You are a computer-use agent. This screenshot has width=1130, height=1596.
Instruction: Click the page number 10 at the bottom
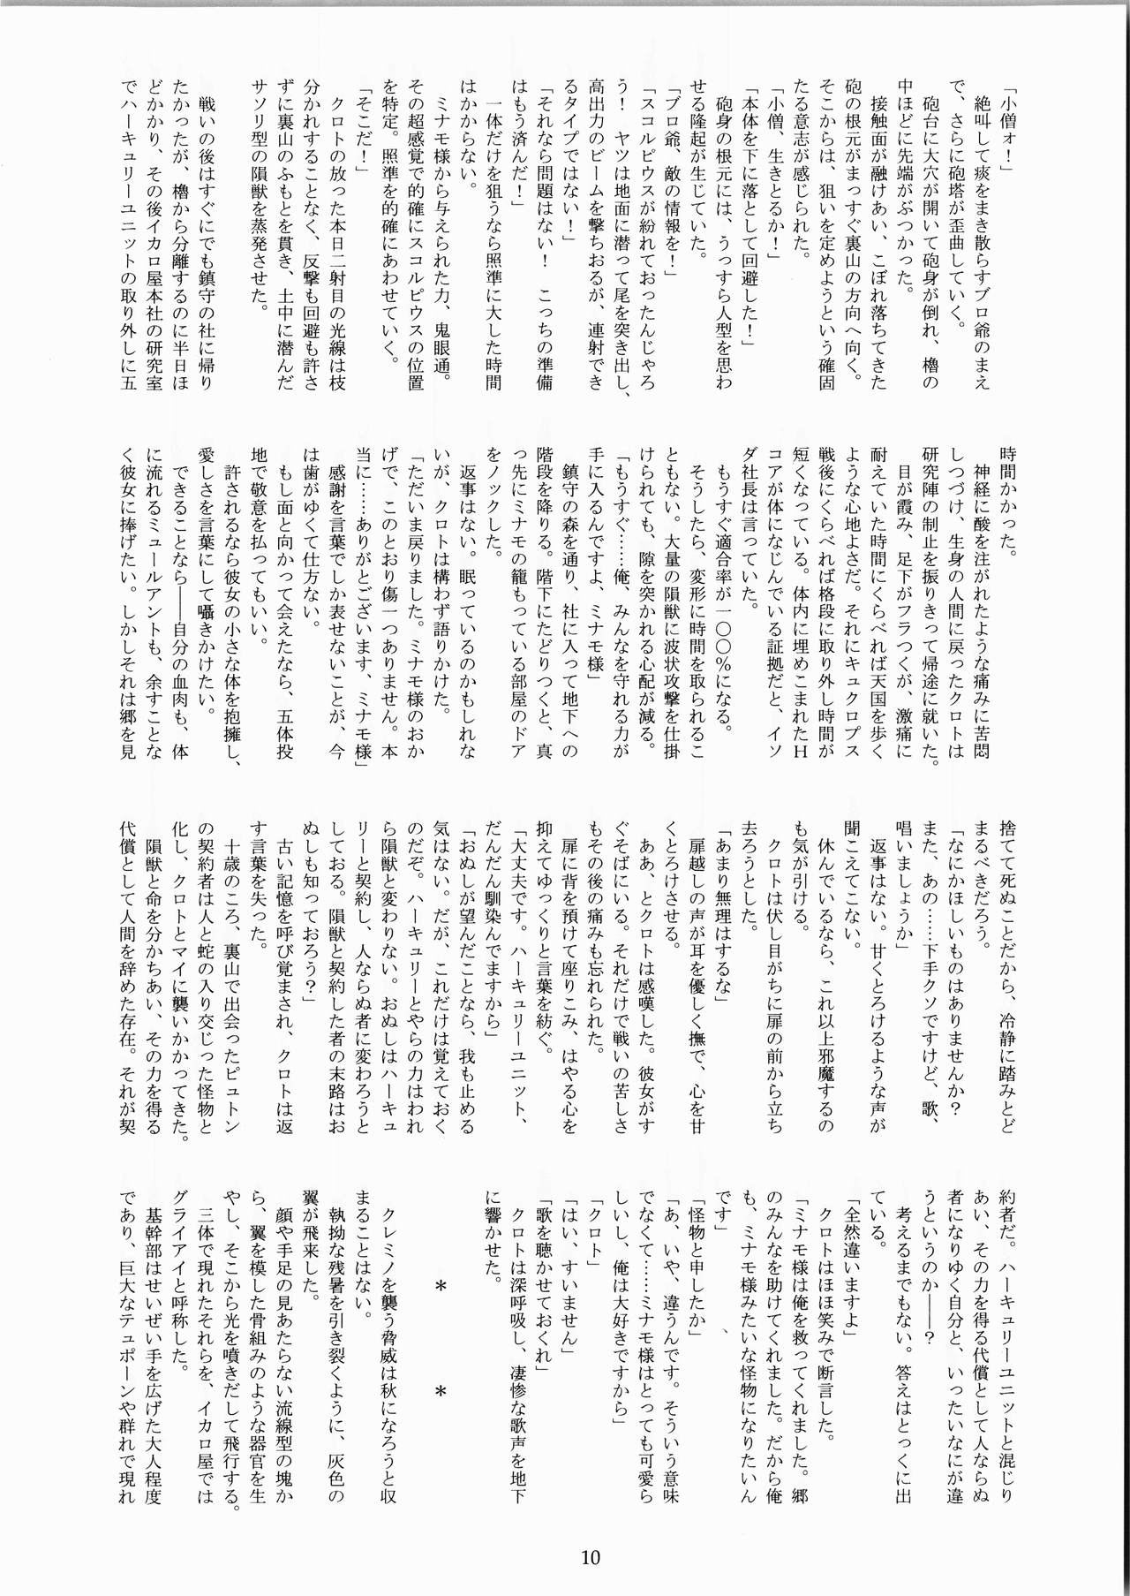pyautogui.click(x=591, y=1557)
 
